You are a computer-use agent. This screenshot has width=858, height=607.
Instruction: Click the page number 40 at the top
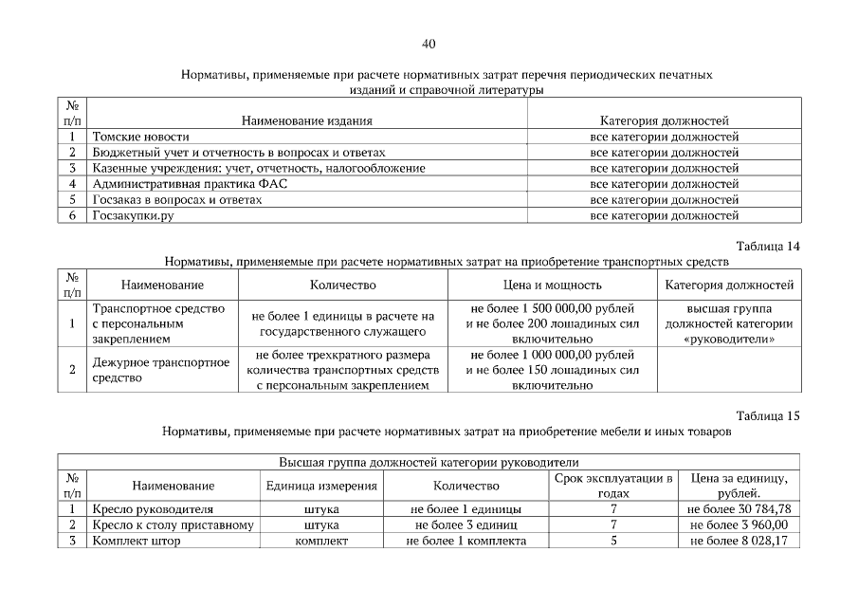tap(428, 44)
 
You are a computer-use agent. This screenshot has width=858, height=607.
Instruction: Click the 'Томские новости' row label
tap(140, 137)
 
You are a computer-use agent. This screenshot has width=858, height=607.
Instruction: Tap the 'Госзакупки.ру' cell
tap(134, 215)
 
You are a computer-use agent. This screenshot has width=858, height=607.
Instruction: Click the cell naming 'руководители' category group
tap(728, 323)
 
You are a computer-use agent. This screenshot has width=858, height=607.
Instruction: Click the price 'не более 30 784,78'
tap(739, 508)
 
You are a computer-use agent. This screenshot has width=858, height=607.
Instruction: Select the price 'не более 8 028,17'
tap(739, 541)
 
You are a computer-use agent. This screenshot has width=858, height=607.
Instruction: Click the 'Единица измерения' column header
tap(321, 486)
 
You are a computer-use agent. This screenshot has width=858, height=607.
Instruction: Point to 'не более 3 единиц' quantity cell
tap(466, 524)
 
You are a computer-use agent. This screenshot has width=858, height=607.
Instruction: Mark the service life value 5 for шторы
tap(614, 541)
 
